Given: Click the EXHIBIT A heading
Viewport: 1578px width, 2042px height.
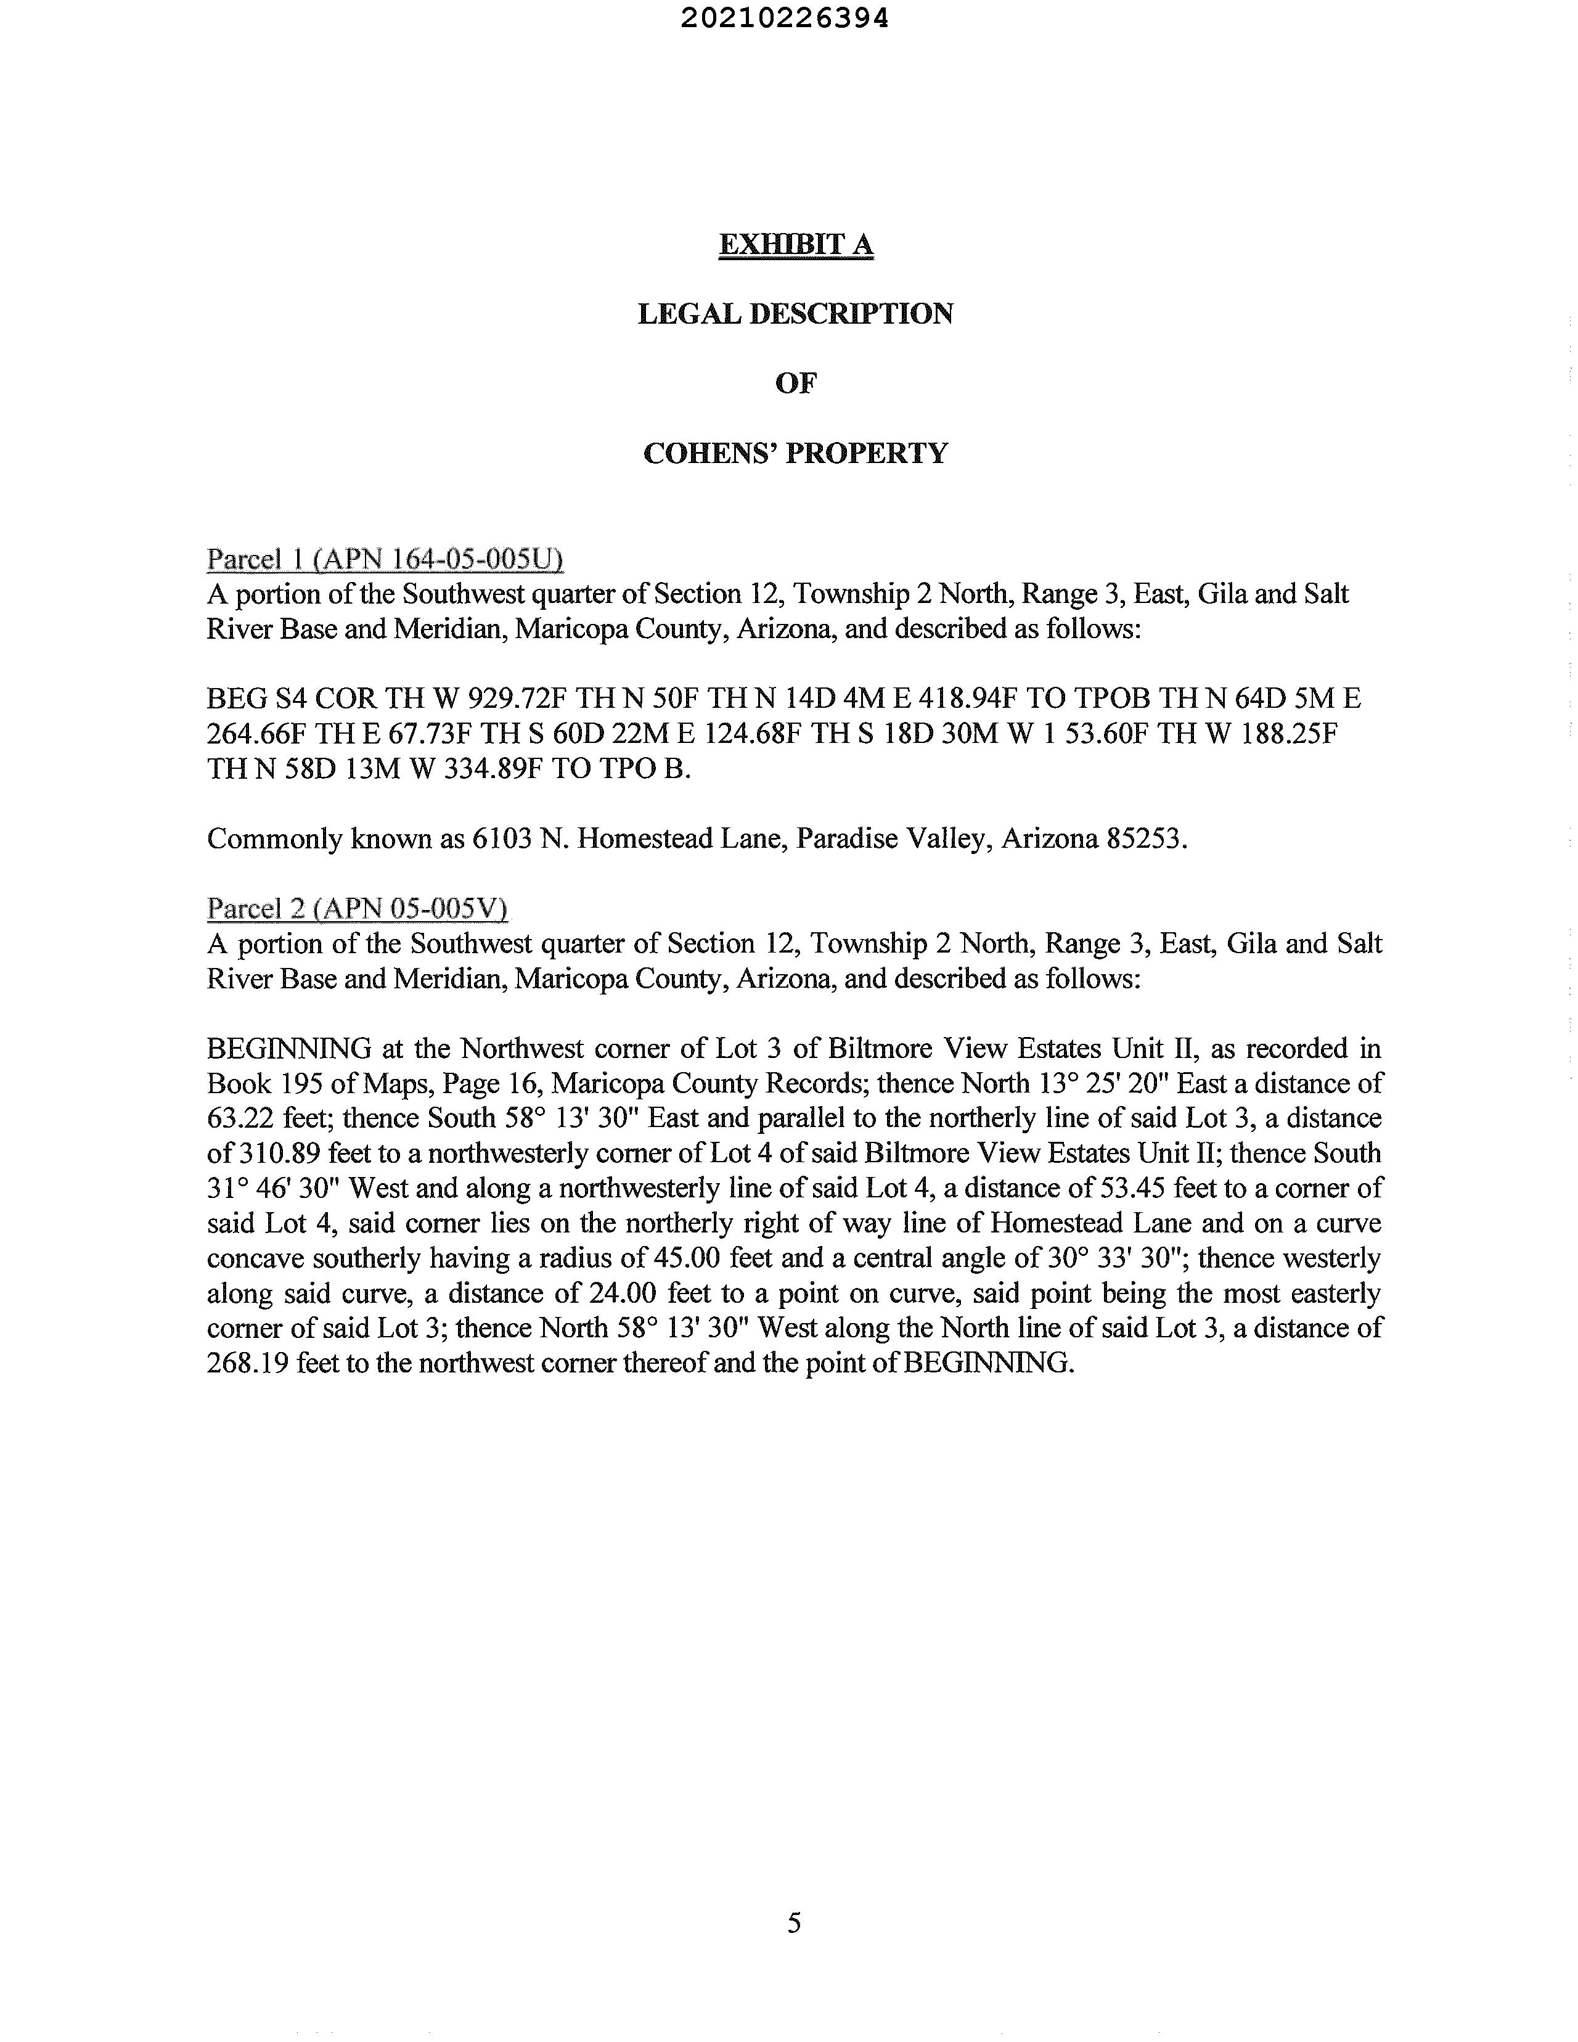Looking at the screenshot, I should click(x=796, y=244).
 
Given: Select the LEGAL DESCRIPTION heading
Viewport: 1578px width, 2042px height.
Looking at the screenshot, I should click(x=796, y=314).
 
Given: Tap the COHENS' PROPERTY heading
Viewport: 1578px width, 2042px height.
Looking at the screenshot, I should click(x=796, y=453).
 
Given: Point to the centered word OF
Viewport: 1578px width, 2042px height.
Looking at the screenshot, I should click(x=796, y=383).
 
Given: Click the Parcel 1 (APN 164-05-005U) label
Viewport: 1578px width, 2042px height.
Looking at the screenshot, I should click(x=384, y=559).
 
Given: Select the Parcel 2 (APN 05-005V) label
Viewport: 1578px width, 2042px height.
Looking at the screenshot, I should click(x=356, y=909).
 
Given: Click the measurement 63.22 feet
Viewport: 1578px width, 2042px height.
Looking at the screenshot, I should click(x=239, y=1118).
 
